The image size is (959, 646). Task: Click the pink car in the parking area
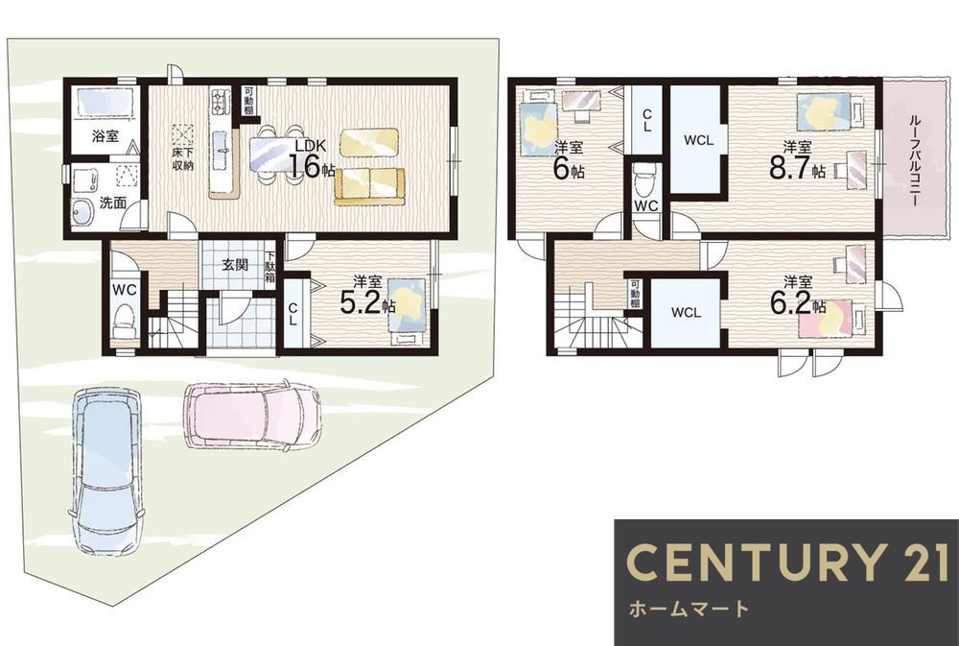pyautogui.click(x=251, y=417)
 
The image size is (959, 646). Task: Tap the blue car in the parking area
pyautogui.click(x=107, y=470)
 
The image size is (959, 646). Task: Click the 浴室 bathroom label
pyautogui.click(x=105, y=136)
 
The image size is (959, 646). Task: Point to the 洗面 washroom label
pyautogui.click(x=112, y=203)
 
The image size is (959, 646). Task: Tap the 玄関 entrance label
pyautogui.click(x=234, y=265)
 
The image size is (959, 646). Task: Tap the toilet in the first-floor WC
pyautogui.click(x=126, y=323)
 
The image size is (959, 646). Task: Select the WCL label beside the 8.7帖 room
pyautogui.click(x=698, y=140)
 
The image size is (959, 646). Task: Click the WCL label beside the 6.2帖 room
pyautogui.click(x=686, y=312)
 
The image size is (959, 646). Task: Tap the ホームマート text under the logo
pyautogui.click(x=689, y=609)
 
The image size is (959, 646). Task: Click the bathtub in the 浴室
pyautogui.click(x=105, y=101)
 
